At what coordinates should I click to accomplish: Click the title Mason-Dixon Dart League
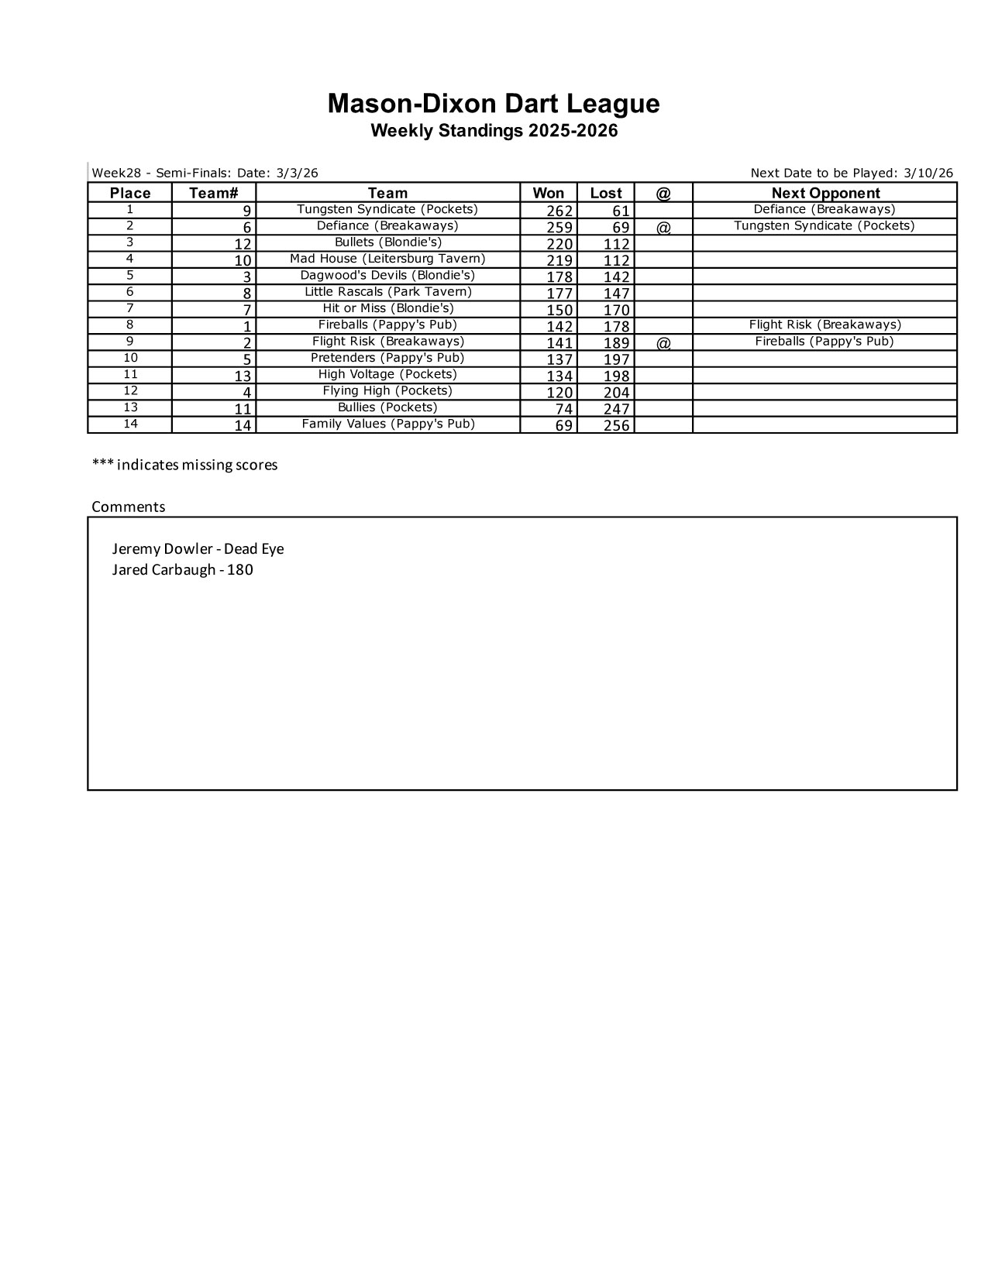coord(494,104)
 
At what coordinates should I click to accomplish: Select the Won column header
coord(548,193)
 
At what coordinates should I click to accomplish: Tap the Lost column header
coord(605,193)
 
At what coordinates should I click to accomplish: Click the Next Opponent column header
coord(825,193)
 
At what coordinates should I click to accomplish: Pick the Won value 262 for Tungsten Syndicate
coord(559,211)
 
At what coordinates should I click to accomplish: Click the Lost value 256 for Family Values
coord(616,425)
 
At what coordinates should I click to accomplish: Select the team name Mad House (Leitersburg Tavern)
coord(387,259)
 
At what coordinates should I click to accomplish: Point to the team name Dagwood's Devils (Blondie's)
coord(387,275)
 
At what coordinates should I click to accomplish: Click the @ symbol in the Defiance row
coord(663,227)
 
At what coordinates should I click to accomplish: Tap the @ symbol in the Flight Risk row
coord(663,342)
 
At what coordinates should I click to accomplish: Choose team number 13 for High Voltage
coord(243,376)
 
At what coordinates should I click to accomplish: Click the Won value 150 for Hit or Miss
coord(559,310)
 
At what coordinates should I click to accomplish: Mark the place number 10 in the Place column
coord(130,358)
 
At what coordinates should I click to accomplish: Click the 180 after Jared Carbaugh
coord(240,570)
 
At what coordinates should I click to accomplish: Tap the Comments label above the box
coord(129,507)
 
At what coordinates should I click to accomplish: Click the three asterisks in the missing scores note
coord(103,464)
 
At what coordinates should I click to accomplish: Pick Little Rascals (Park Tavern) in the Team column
coord(387,292)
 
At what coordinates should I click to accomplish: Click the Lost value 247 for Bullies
coord(616,409)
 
